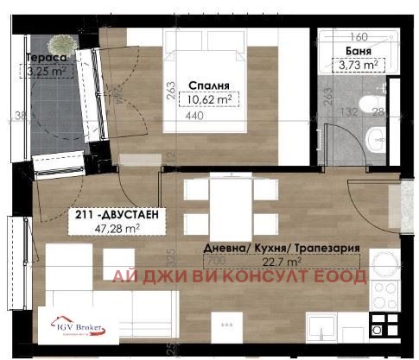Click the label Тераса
tap(43, 60)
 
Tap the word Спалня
tap(207, 85)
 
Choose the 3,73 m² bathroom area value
tap(358, 65)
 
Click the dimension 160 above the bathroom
tap(360, 37)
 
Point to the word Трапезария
tap(324, 247)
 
